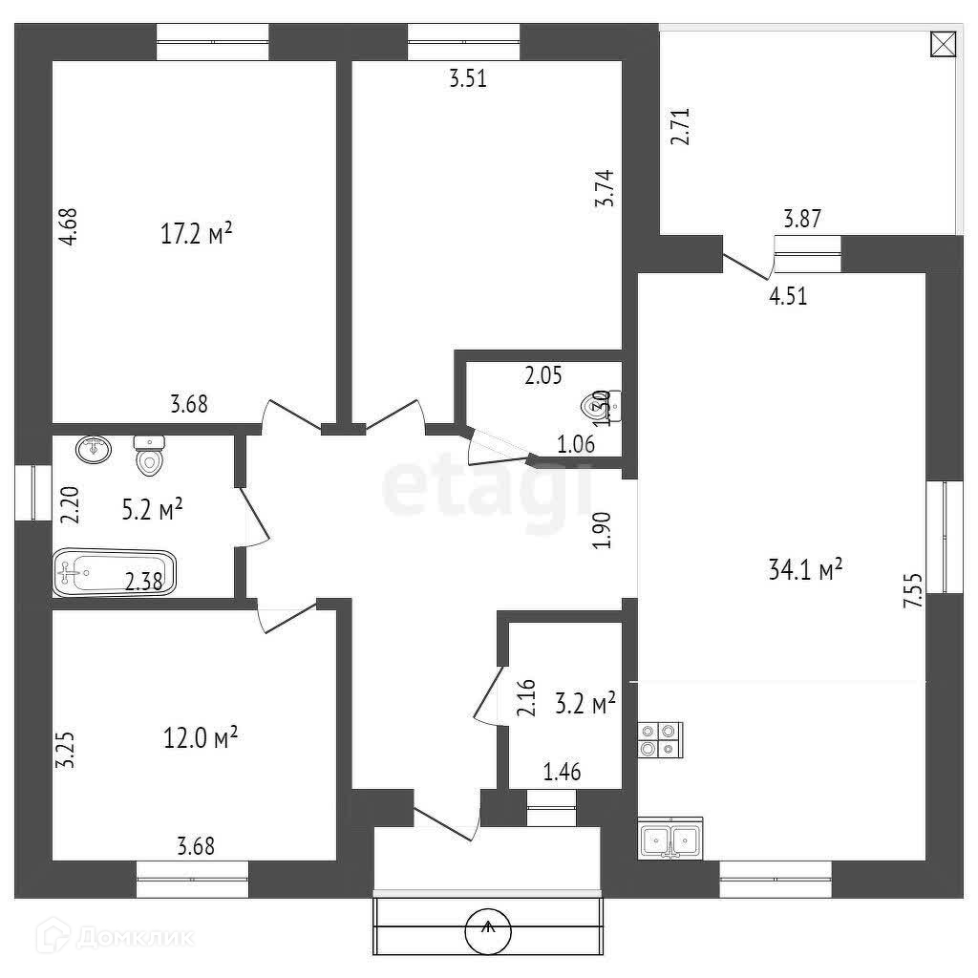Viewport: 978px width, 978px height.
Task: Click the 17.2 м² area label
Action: point(197,234)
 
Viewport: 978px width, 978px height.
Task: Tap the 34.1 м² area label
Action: point(805,570)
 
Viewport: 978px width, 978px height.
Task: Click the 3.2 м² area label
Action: point(585,705)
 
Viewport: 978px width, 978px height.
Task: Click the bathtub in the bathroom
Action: point(115,574)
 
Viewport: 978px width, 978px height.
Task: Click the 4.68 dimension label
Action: point(68,228)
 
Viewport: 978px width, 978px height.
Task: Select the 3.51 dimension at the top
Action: point(468,79)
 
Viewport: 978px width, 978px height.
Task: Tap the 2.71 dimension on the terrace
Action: point(680,126)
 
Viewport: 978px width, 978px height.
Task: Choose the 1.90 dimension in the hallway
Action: point(601,529)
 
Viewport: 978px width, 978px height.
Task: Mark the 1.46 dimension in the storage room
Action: point(563,772)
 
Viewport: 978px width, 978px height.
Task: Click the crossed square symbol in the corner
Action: point(942,45)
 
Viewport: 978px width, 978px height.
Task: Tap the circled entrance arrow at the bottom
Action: point(488,929)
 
